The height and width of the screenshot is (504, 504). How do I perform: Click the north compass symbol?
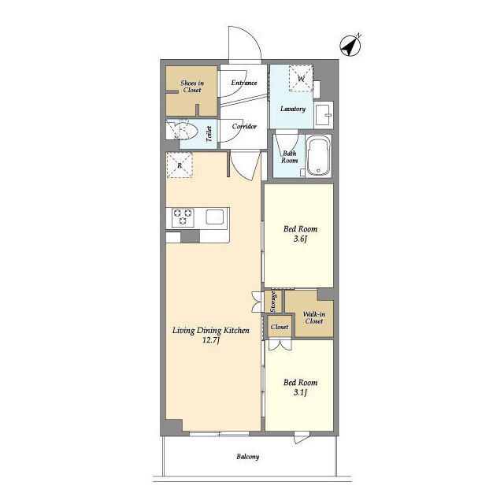tap(350, 46)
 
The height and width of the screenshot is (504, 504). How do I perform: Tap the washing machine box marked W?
tap(301, 79)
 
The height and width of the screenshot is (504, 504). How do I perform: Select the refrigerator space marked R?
tap(180, 165)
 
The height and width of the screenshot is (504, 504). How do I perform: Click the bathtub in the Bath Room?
tap(318, 156)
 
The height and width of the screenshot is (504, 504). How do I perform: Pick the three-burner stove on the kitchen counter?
tap(183, 217)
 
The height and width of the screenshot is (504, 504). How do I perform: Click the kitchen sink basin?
tap(215, 217)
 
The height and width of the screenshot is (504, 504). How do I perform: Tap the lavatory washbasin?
tap(324, 114)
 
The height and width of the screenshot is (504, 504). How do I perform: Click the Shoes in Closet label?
tap(192, 87)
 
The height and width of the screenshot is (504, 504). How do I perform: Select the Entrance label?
tap(244, 83)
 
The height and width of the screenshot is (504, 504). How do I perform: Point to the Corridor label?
tap(244, 126)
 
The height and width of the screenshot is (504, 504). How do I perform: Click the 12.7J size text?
tap(211, 340)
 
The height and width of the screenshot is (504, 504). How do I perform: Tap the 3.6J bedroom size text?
tap(300, 239)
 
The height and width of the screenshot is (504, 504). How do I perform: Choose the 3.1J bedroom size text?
tap(300, 392)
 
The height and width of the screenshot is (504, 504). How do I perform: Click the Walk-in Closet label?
tap(314, 317)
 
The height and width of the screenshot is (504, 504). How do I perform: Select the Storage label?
tap(273, 302)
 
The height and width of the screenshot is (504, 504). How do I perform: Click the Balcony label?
tap(248, 457)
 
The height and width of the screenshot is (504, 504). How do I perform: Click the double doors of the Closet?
tap(280, 344)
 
